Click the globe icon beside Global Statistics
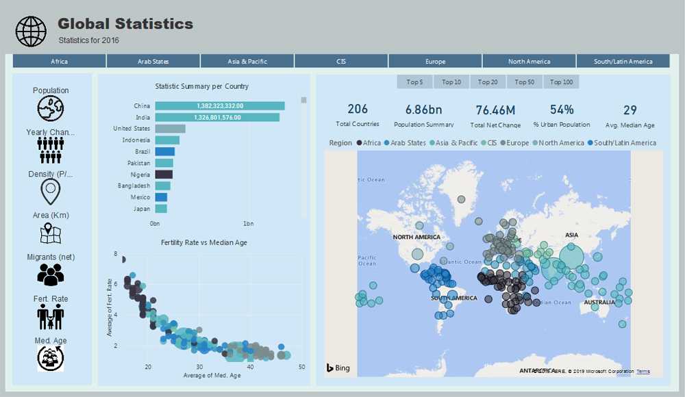click(31, 31)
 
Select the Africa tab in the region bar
click(60, 62)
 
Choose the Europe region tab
click(435, 62)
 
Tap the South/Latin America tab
click(623, 62)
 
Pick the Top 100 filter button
click(562, 82)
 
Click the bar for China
click(219, 106)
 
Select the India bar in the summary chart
click(216, 118)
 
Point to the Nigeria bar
click(164, 175)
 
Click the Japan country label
click(142, 209)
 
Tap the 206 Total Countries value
click(358, 110)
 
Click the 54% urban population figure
click(562, 110)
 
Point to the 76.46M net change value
click(495, 110)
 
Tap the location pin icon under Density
click(51, 192)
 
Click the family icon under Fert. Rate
click(51, 317)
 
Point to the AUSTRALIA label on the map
click(599, 303)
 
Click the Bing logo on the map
click(338, 368)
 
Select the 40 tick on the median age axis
click(250, 367)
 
